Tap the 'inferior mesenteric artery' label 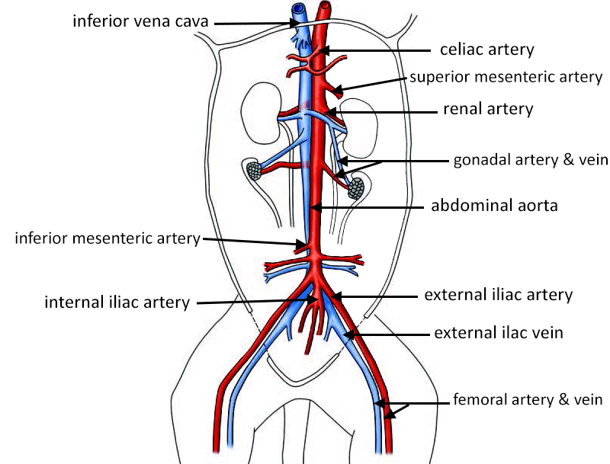pos(107,238)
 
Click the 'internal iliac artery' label pos(117,302)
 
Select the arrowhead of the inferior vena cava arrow pos(298,23)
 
